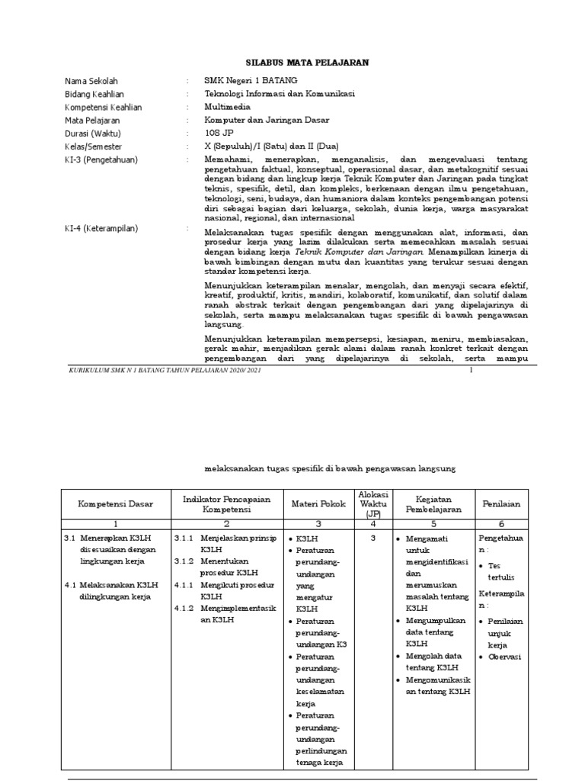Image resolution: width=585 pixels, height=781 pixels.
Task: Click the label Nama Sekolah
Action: coord(91,81)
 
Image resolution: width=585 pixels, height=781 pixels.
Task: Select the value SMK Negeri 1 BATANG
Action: coord(251,81)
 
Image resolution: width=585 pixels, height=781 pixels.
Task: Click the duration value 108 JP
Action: coord(221,133)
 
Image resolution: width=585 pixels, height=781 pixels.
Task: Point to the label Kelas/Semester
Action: coord(94,146)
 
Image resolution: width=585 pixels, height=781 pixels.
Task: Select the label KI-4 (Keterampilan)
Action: coord(101,228)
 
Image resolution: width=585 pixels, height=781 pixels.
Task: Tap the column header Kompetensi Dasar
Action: coord(116,504)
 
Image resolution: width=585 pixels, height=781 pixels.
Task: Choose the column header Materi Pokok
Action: coord(318,504)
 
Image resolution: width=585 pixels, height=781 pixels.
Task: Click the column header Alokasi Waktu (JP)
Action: coord(373,504)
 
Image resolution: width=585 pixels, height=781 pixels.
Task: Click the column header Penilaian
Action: coord(501,504)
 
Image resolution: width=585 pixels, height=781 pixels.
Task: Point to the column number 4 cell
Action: coord(373,524)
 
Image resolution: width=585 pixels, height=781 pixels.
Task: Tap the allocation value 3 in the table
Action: coord(373,538)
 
